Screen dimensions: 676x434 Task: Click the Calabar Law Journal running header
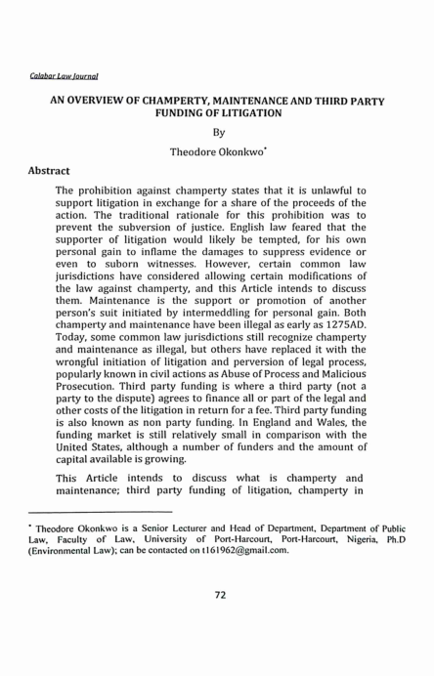(x=68, y=73)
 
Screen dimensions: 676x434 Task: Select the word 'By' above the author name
(x=216, y=136)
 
